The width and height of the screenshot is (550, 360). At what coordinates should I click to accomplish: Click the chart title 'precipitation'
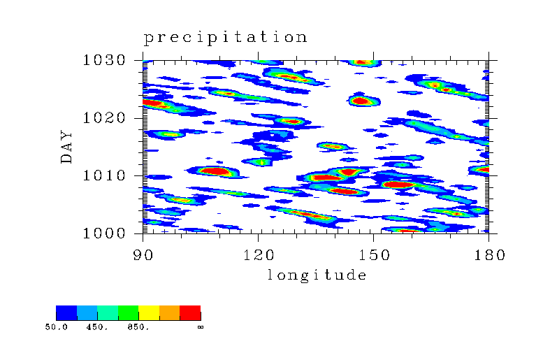[x=226, y=38]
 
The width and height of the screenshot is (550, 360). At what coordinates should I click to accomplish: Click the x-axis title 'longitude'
[x=317, y=275]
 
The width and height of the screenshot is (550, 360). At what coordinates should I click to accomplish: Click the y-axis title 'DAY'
[x=66, y=147]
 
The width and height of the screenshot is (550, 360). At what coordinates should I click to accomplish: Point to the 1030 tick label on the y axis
[x=104, y=60]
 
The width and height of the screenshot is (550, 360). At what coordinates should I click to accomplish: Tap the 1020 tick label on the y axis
[x=104, y=118]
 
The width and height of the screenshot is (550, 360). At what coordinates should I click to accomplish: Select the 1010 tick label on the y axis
[x=104, y=175]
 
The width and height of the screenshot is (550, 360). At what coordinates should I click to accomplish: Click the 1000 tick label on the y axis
[x=104, y=233]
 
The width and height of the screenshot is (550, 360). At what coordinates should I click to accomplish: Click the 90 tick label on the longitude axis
[x=143, y=254]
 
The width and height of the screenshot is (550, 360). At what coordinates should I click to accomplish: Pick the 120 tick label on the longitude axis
[x=258, y=254]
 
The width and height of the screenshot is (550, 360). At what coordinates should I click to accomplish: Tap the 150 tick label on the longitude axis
[x=374, y=254]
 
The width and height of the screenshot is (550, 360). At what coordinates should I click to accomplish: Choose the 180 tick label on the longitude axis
[x=489, y=254]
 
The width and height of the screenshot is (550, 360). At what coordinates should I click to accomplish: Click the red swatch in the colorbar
[x=190, y=312]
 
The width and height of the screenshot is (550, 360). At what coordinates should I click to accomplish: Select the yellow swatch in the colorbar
[x=149, y=312]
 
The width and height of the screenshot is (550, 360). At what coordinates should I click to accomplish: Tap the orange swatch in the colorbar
[x=169, y=312]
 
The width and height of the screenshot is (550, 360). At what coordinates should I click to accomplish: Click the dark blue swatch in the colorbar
[x=66, y=312]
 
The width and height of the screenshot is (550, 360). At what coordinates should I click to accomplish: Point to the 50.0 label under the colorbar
[x=56, y=327]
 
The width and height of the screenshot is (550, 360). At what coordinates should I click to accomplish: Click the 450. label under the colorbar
[x=98, y=327]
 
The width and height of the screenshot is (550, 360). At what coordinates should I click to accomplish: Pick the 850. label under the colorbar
[x=138, y=327]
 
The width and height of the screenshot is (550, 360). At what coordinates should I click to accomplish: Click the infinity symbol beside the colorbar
[x=201, y=327]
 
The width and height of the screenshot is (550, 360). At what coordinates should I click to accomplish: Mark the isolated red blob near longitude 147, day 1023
[x=361, y=101]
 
